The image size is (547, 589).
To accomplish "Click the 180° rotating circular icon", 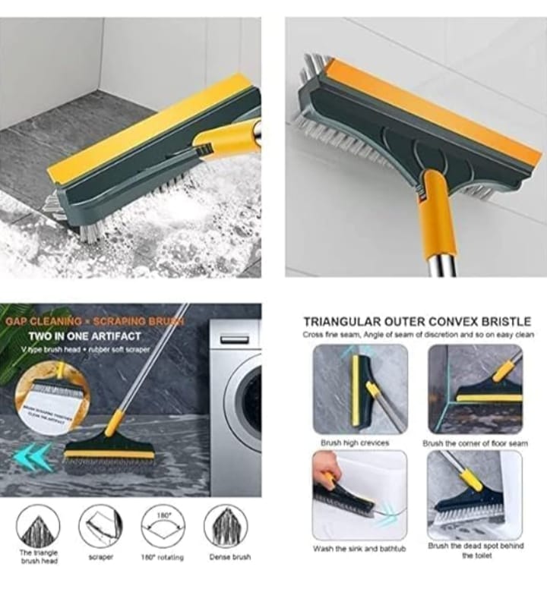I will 164,526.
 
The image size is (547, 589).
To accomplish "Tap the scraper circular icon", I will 100,526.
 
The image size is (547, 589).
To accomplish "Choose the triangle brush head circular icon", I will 38,526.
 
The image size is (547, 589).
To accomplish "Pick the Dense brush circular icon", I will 226,526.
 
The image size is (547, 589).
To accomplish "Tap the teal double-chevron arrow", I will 33,457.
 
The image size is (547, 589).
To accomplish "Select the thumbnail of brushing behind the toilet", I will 474,496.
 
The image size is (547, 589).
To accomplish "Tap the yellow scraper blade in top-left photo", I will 144,129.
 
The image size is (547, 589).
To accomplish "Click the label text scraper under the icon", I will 100,557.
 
